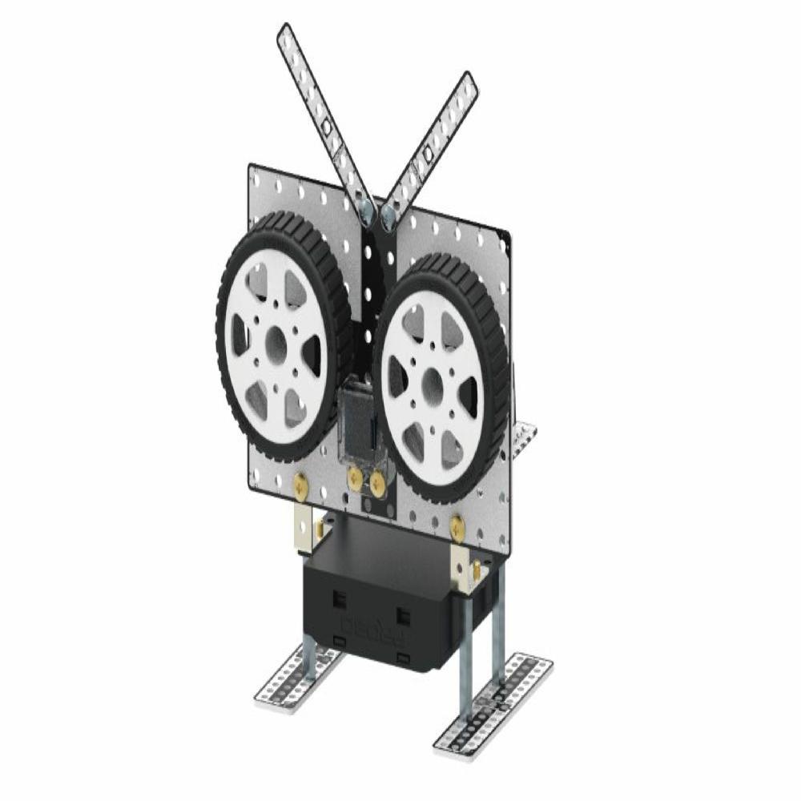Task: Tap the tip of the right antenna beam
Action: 468,79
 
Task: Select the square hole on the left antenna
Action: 326,128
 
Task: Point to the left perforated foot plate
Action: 296,682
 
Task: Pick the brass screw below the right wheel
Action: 457,526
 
